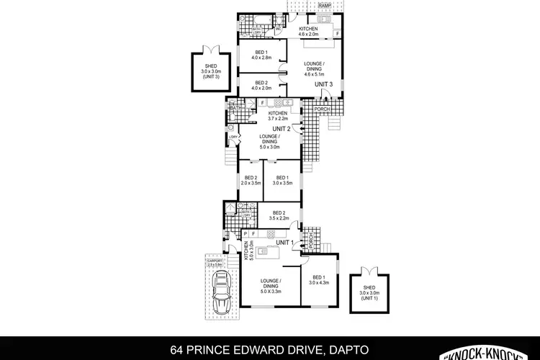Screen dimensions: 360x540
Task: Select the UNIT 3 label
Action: (323, 85)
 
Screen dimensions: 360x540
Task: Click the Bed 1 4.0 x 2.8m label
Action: (263, 55)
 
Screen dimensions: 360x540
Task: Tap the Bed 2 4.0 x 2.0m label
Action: (263, 86)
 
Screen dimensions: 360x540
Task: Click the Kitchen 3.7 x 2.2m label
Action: (278, 116)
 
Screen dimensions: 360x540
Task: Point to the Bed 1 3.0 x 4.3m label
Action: (318, 280)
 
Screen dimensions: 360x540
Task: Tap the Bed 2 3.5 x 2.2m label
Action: (279, 215)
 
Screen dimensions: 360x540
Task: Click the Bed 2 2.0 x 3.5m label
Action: (251, 181)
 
